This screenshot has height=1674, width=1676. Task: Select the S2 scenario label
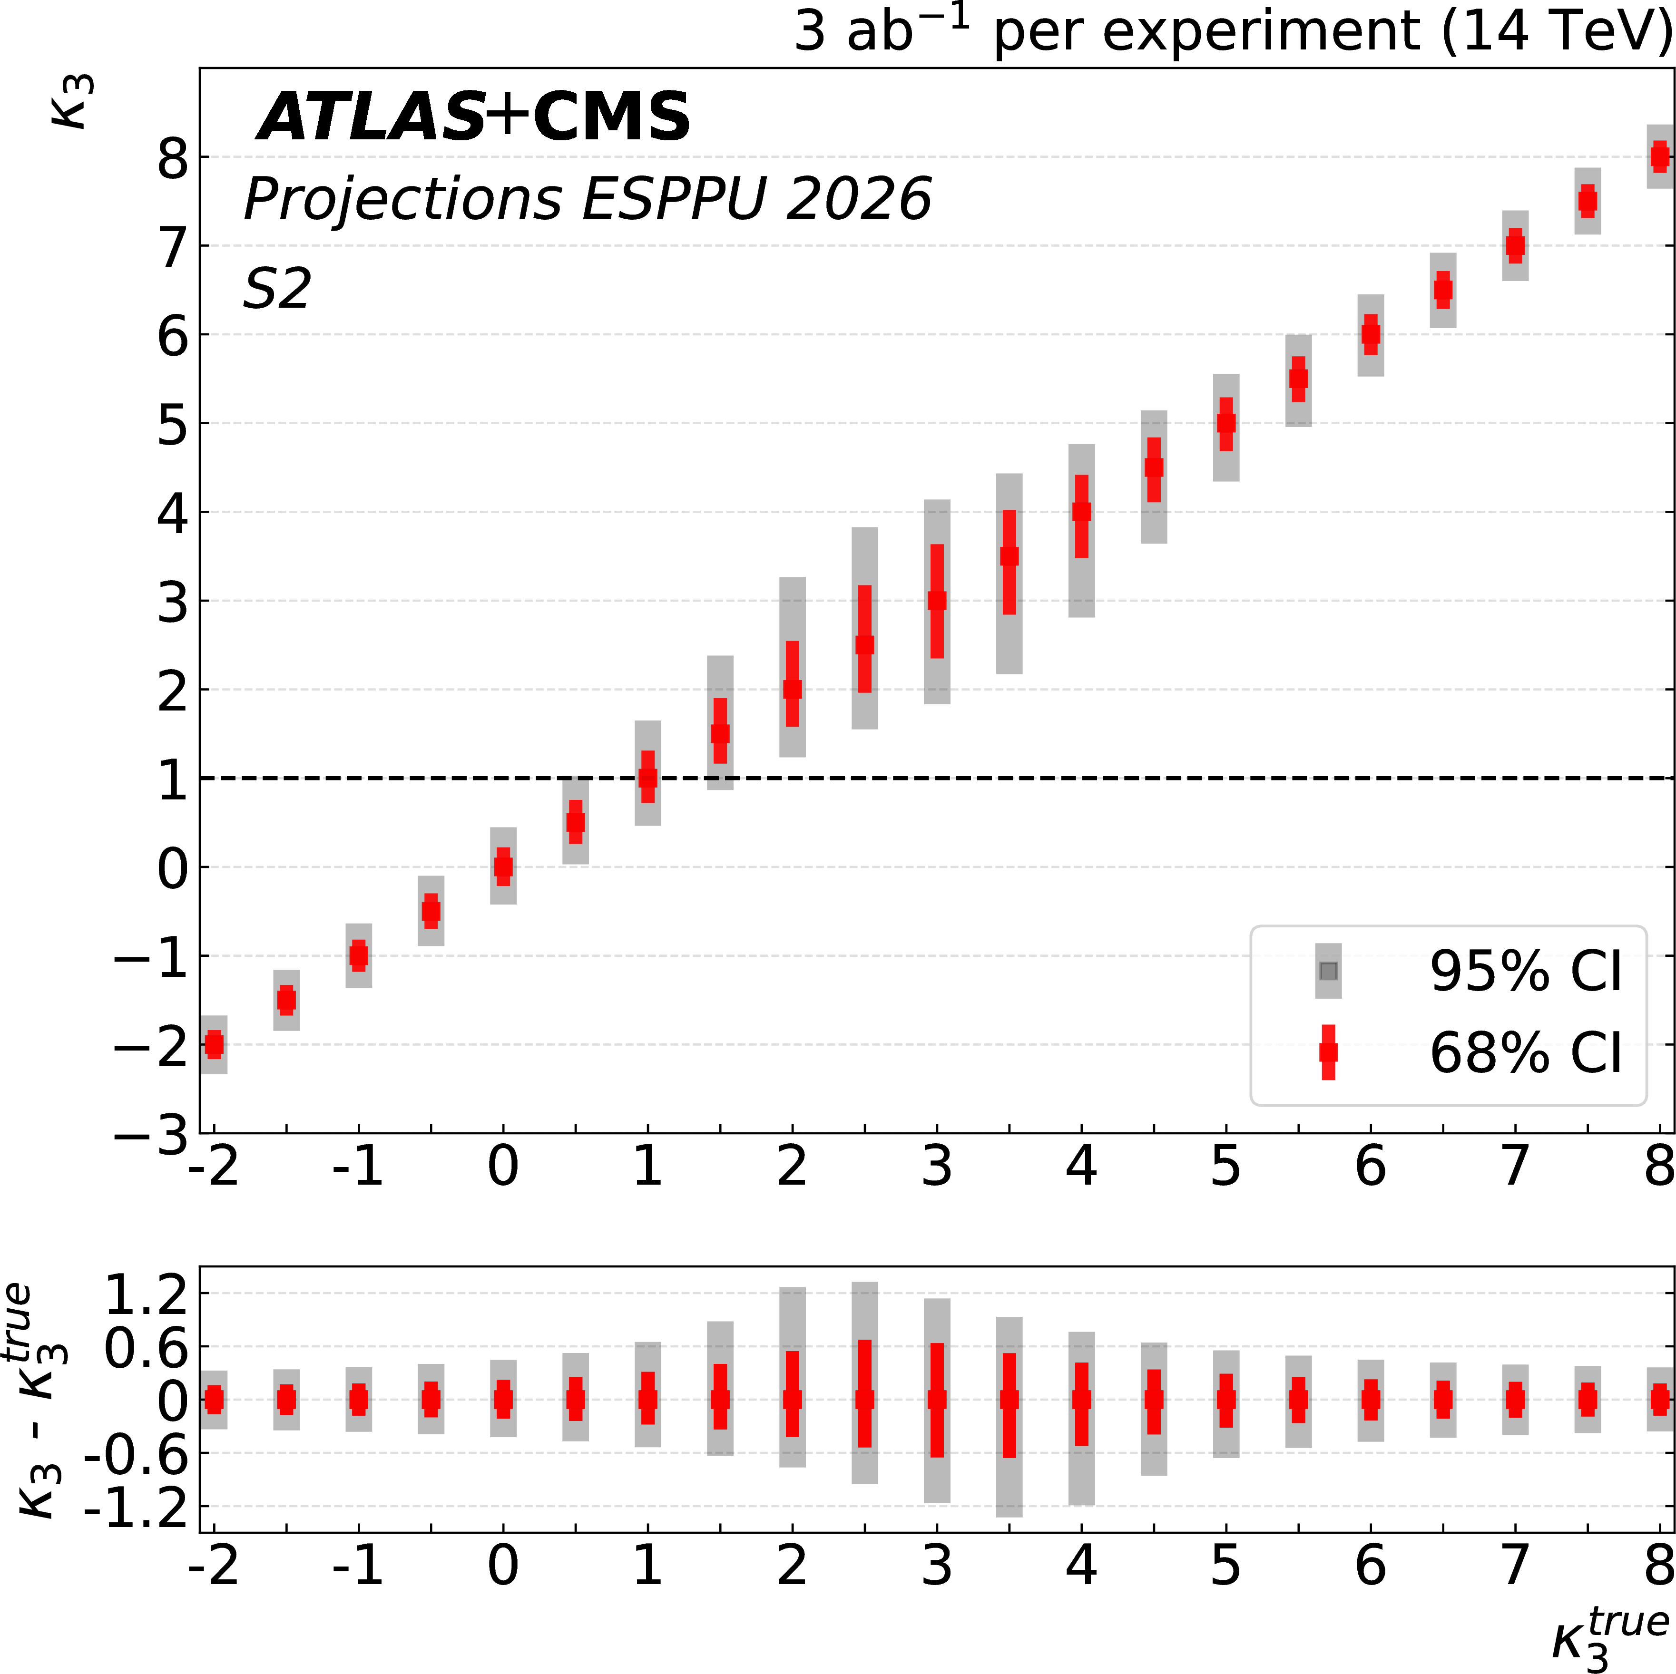(277, 289)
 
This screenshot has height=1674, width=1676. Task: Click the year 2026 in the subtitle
(858, 199)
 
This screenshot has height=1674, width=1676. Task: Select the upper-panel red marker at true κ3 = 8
(1659, 157)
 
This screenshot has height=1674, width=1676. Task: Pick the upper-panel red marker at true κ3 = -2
(214, 1044)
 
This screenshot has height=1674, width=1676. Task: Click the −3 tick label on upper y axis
(152, 1135)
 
